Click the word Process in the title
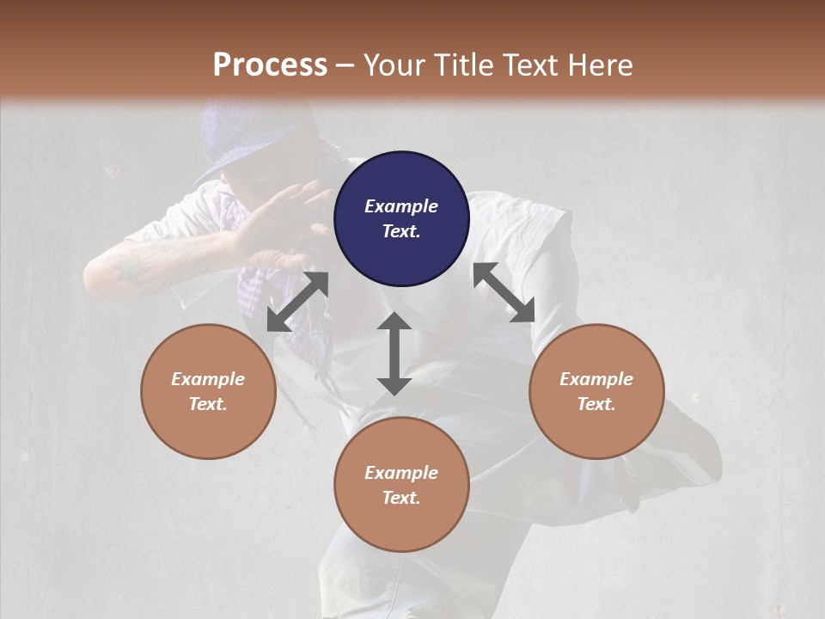click(270, 65)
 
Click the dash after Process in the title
click(345, 66)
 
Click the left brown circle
click(208, 391)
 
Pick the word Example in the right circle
click(596, 379)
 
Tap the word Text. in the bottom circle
click(401, 498)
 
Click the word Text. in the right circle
click(596, 404)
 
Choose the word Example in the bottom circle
click(401, 473)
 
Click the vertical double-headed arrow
click(394, 353)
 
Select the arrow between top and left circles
click(297, 302)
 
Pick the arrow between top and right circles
click(504, 293)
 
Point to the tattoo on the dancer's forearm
click(137, 267)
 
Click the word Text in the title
click(532, 65)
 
